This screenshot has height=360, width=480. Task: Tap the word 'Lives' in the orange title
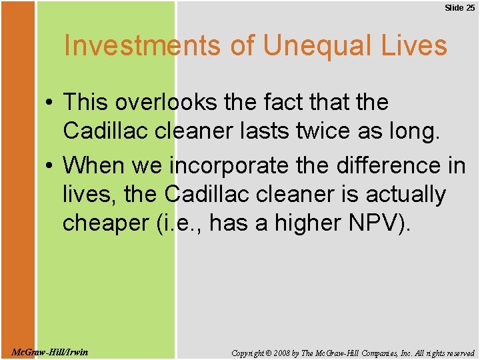point(413,46)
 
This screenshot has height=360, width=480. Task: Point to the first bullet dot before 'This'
point(50,103)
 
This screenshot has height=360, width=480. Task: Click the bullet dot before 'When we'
point(50,165)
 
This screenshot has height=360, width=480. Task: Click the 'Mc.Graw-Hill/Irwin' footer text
point(49,352)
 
